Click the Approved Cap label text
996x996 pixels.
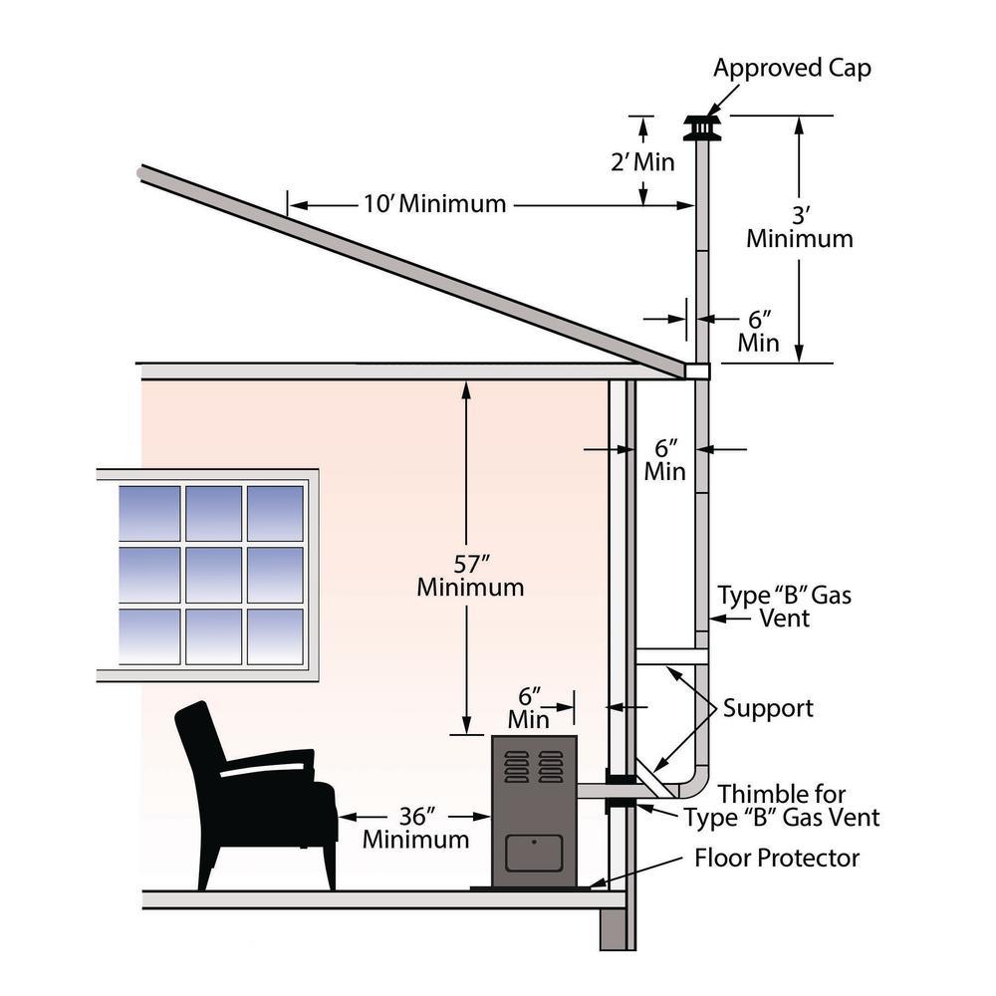click(792, 69)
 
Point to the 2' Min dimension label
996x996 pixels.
click(642, 161)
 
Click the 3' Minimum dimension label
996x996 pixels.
click(800, 227)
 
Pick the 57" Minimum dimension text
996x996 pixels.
click(470, 575)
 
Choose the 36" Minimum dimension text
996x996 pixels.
click(415, 827)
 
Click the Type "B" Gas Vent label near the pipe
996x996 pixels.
click(785, 607)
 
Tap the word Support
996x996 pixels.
click(768, 708)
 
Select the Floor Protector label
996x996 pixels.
click(777, 858)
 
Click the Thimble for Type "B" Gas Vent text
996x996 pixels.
click(782, 806)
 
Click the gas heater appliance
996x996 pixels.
click(535, 812)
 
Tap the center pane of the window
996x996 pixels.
click(212, 575)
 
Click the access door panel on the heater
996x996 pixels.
click(534, 854)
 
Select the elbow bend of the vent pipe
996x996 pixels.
click(697, 782)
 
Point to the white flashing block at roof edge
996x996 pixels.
click(697, 371)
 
